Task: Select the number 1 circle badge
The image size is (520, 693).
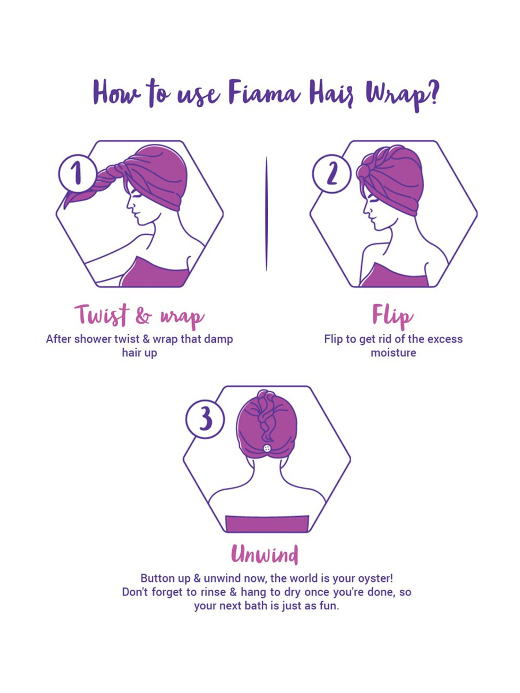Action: tap(77, 174)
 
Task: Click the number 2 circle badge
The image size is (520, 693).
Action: tap(331, 174)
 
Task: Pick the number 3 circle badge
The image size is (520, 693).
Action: tap(205, 419)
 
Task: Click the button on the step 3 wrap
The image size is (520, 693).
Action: tap(267, 448)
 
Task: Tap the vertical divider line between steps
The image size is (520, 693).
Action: tap(266, 213)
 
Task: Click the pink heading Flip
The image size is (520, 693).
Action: tap(392, 316)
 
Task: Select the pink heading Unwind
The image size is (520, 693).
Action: tap(265, 554)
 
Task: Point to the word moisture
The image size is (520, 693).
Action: tap(393, 353)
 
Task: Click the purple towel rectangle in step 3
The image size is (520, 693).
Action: tap(267, 524)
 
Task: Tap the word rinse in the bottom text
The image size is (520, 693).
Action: tap(213, 592)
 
